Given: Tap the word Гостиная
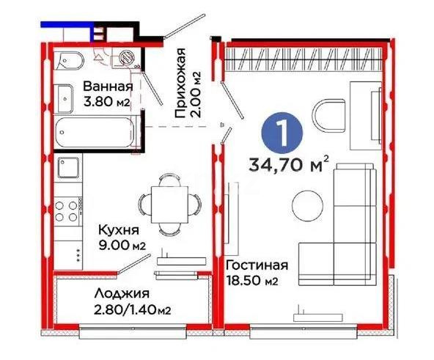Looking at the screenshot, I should click(x=257, y=265).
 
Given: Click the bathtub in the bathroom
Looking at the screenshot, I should click(x=95, y=133).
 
